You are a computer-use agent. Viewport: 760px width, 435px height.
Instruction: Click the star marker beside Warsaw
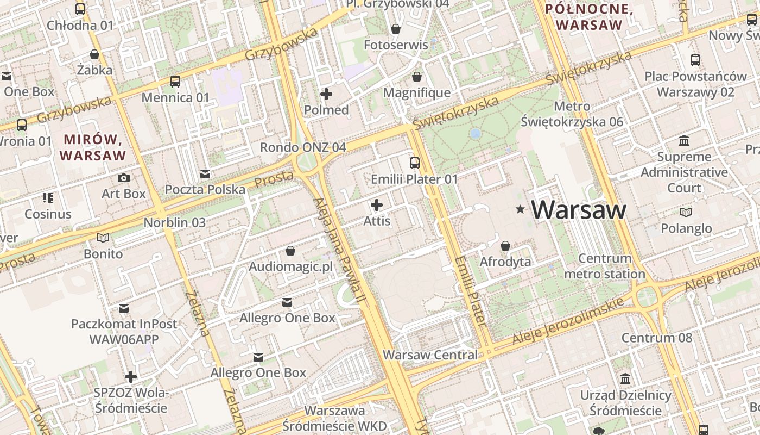pos(521,209)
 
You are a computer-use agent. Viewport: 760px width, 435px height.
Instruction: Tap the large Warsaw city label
pos(579,210)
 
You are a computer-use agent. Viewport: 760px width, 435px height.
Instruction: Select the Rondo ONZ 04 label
pos(303,147)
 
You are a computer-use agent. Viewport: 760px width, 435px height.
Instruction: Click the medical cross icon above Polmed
pos(326,95)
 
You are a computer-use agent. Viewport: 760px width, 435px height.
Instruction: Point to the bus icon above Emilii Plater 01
pos(415,163)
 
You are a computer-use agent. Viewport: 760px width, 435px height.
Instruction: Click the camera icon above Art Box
pos(124,178)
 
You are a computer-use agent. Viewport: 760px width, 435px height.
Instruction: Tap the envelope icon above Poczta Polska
pos(205,174)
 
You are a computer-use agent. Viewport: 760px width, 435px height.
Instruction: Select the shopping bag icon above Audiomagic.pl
pos(290,251)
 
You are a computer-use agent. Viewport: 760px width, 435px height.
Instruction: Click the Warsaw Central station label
pos(430,355)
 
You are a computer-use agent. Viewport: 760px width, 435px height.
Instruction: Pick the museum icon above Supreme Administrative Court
pos(684,141)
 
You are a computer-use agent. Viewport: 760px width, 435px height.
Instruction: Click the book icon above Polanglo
pos(686,212)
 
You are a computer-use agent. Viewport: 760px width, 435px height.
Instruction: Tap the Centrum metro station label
pos(605,266)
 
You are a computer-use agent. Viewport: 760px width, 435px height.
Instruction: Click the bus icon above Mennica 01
pos(175,82)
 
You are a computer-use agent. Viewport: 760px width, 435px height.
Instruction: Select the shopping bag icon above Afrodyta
pos(505,246)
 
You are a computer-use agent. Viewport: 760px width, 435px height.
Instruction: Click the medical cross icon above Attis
pos(377,205)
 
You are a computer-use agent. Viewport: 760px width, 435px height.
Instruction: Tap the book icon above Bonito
pos(103,238)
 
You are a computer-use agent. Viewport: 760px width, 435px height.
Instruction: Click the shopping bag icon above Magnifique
pos(417,77)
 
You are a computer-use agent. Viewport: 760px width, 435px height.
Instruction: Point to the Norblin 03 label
pos(175,222)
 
